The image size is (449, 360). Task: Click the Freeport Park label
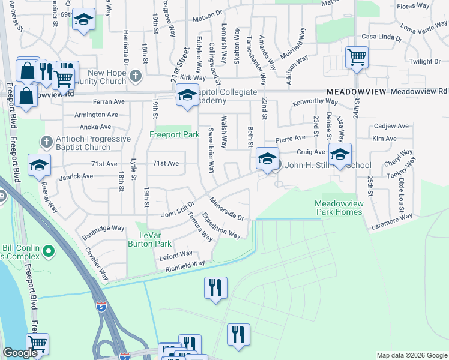(x=174, y=135)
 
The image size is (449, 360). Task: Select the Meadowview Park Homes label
(x=339, y=208)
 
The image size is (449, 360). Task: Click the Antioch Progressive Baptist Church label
(x=90, y=143)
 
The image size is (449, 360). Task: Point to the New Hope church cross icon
(x=136, y=76)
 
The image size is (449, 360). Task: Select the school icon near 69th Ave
(x=84, y=20)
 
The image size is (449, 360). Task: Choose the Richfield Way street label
(x=185, y=264)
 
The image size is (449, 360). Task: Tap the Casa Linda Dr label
(x=381, y=37)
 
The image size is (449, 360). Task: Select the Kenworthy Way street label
(x=312, y=103)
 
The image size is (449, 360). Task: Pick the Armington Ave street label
(x=96, y=115)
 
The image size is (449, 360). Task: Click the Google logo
(x=20, y=353)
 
